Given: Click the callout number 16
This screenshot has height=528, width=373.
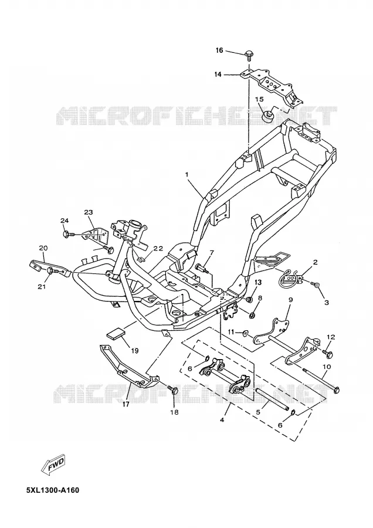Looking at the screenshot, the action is point(219,50).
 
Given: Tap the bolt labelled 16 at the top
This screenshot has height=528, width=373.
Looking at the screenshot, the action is point(249,56).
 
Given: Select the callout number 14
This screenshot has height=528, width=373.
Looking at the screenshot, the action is point(218,74).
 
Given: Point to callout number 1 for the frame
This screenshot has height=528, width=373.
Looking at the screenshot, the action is point(186,174).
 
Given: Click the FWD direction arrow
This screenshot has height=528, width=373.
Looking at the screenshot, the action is point(53,465).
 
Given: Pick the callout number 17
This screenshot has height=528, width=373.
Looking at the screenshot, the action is point(126,404).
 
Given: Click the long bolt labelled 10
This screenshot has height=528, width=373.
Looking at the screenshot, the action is point(321,380).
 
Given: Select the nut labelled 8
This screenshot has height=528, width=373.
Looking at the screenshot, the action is point(252,315).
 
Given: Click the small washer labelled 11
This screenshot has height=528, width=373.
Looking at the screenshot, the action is point(247,333).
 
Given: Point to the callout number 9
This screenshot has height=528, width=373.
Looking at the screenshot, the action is point(291,299).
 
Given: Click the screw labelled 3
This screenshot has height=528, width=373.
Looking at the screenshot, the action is point(316,285).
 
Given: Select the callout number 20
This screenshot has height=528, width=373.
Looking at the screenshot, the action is point(43,248).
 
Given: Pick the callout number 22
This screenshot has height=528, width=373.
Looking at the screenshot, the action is point(158,249).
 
